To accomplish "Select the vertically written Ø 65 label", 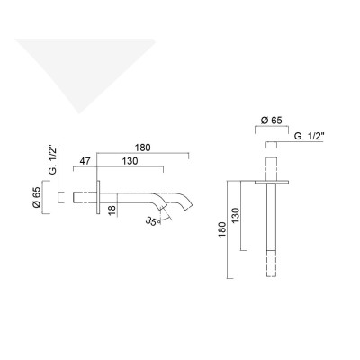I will [x=37, y=195].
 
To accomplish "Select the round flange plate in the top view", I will [x=269, y=180].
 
